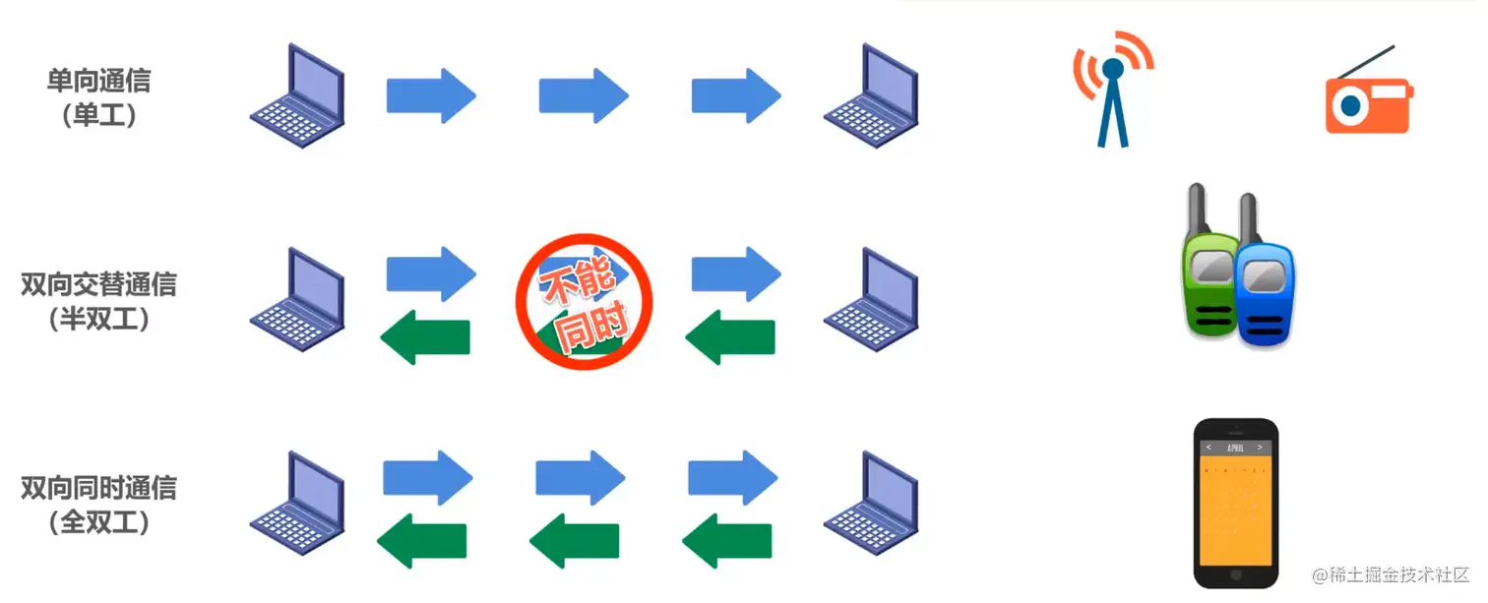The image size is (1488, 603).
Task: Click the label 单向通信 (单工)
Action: (98, 96)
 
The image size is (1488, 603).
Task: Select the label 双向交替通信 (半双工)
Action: (98, 301)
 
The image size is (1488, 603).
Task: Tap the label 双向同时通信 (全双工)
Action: (98, 505)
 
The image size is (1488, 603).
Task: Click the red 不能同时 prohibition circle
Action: (585, 301)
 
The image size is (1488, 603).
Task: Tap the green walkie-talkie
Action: (1208, 266)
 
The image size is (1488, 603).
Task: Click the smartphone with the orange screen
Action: (1235, 502)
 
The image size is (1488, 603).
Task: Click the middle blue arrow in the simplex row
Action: (584, 95)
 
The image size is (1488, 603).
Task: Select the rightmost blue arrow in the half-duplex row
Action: (736, 272)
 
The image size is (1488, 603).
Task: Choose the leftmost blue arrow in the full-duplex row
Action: (427, 477)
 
